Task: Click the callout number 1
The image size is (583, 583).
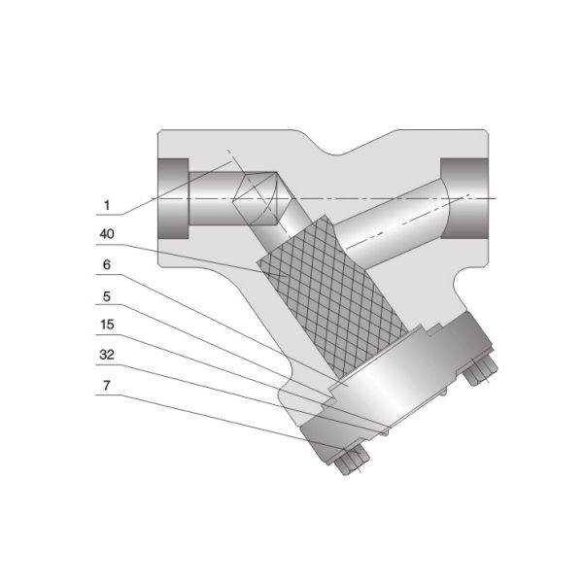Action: (108, 205)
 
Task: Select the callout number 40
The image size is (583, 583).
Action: (108, 234)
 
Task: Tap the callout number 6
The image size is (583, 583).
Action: (108, 263)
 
